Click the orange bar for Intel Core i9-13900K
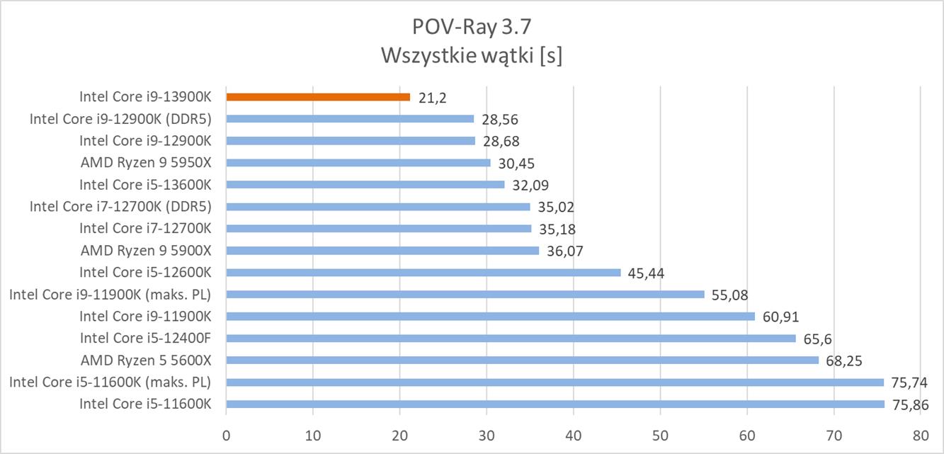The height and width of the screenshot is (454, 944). click(x=318, y=96)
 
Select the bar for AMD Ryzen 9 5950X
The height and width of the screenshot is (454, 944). click(x=358, y=163)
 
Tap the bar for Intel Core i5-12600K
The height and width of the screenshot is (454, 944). click(x=423, y=273)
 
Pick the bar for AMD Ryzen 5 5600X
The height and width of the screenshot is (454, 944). click(x=522, y=360)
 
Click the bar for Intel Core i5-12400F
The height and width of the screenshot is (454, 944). click(x=511, y=338)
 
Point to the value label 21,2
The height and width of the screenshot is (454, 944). click(x=431, y=97)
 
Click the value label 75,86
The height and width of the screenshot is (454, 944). click(x=910, y=404)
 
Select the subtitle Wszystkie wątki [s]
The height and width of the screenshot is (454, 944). click(x=471, y=55)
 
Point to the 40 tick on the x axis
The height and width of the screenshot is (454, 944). click(x=573, y=434)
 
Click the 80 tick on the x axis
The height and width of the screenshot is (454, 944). click(x=920, y=434)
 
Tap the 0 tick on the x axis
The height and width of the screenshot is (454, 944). click(x=226, y=434)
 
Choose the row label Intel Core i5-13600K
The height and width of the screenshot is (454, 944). click(x=146, y=185)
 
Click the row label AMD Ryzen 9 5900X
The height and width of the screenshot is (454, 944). click(x=147, y=251)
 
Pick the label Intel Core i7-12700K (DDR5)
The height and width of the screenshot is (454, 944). click(x=121, y=207)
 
